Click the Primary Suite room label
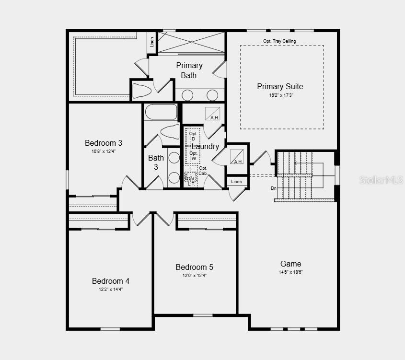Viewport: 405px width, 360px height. pyautogui.click(x=280, y=86)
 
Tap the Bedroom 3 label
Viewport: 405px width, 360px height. pyautogui.click(x=104, y=143)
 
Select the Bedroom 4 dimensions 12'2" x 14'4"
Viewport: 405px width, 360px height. pyautogui.click(x=111, y=289)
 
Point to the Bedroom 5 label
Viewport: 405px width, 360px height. pyautogui.click(x=194, y=267)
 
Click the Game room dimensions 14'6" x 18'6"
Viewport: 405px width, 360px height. pyautogui.click(x=290, y=272)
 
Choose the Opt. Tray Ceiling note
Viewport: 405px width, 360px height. pyautogui.click(x=279, y=41)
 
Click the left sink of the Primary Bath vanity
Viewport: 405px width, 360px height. pyautogui.click(x=187, y=95)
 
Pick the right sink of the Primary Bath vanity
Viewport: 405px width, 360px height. pyautogui.click(x=212, y=95)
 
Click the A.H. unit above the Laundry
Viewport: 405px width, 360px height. pyautogui.click(x=212, y=114)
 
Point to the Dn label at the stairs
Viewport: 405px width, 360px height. pyautogui.click(x=274, y=188)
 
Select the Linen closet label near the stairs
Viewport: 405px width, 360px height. pyautogui.click(x=237, y=182)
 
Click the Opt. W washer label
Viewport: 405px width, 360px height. pyautogui.click(x=193, y=156)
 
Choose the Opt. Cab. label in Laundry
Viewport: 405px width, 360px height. pyautogui.click(x=203, y=171)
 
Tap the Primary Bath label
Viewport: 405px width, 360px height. pyautogui.click(x=189, y=70)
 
